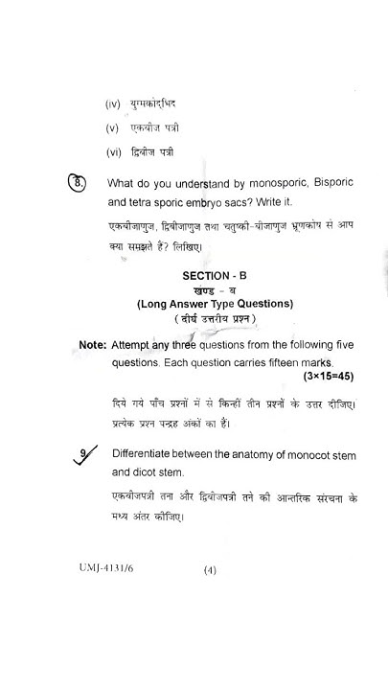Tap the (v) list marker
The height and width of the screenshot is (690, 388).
pyautogui.click(x=112, y=126)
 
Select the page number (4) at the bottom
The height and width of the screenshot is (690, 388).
pyautogui.click(x=210, y=570)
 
